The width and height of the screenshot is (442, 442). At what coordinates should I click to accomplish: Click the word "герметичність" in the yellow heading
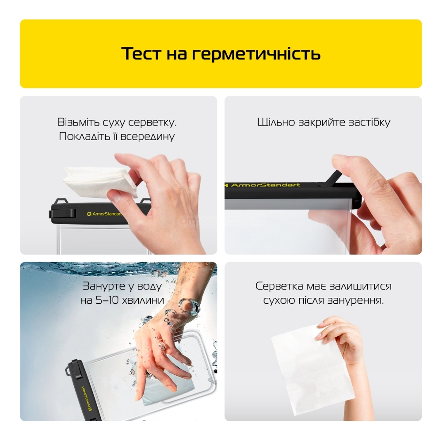[256, 54]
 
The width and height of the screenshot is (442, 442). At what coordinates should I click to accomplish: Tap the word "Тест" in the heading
[141, 53]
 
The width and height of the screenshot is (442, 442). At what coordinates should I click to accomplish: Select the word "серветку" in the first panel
[152, 122]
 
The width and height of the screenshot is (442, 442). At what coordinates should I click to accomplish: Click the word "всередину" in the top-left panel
[148, 137]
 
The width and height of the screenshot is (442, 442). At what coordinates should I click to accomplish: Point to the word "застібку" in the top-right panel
[370, 122]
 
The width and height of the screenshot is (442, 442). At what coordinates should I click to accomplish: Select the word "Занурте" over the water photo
[103, 286]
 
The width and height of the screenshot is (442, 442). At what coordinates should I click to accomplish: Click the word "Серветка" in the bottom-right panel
[279, 286]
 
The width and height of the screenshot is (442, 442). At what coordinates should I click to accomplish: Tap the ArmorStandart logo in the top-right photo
[262, 185]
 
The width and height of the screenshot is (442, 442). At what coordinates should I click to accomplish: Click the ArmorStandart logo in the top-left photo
[105, 214]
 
